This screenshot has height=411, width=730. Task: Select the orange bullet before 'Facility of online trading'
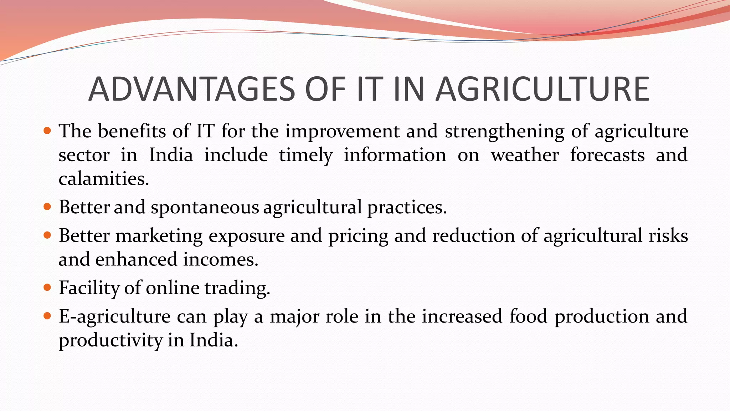point(47,287)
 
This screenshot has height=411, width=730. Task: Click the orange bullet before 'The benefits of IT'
point(47,131)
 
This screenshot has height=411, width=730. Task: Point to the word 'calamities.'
point(104,178)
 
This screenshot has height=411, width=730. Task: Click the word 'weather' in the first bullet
point(525,155)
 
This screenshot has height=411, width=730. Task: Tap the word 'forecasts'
point(607,155)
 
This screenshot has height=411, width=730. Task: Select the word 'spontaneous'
point(205,208)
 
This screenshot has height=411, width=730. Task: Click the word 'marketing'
point(159,236)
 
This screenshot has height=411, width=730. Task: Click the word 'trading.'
point(237,288)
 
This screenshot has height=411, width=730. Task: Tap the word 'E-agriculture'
point(114,317)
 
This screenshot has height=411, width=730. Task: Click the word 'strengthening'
point(504,131)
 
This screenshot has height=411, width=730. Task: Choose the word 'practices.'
point(407,208)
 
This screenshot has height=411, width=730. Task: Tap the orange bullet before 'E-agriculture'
point(47,316)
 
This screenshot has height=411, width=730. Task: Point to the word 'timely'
point(305,156)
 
